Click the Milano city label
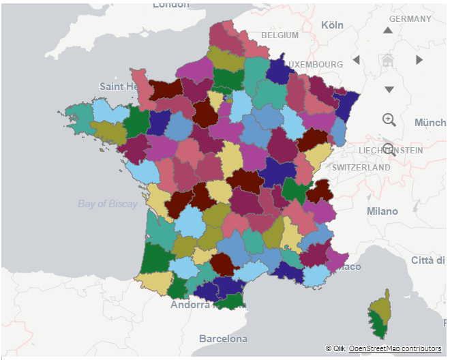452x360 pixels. click(382, 211)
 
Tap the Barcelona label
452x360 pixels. click(223, 338)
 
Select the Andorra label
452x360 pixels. click(190, 305)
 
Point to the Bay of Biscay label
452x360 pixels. click(108, 203)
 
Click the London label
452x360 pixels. click(171, 5)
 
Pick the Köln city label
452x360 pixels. click(332, 25)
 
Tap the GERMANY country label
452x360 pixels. click(410, 19)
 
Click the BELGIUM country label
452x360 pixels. click(280, 35)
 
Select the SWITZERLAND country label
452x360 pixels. click(361, 167)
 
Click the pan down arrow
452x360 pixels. click(389, 89)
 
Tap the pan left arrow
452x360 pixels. click(356, 60)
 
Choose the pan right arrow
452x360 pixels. click(419, 60)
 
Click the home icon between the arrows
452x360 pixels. click(388, 60)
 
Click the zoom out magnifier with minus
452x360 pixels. click(389, 149)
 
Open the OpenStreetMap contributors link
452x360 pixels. click(395, 348)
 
